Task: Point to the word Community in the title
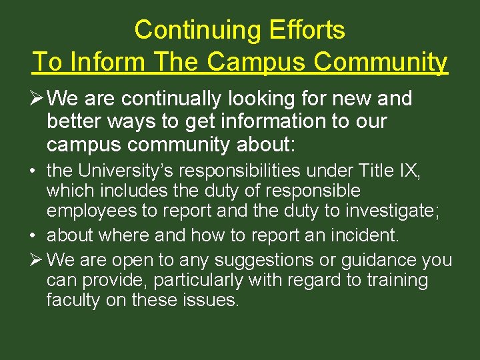tap(382, 62)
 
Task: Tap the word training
tap(396, 280)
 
